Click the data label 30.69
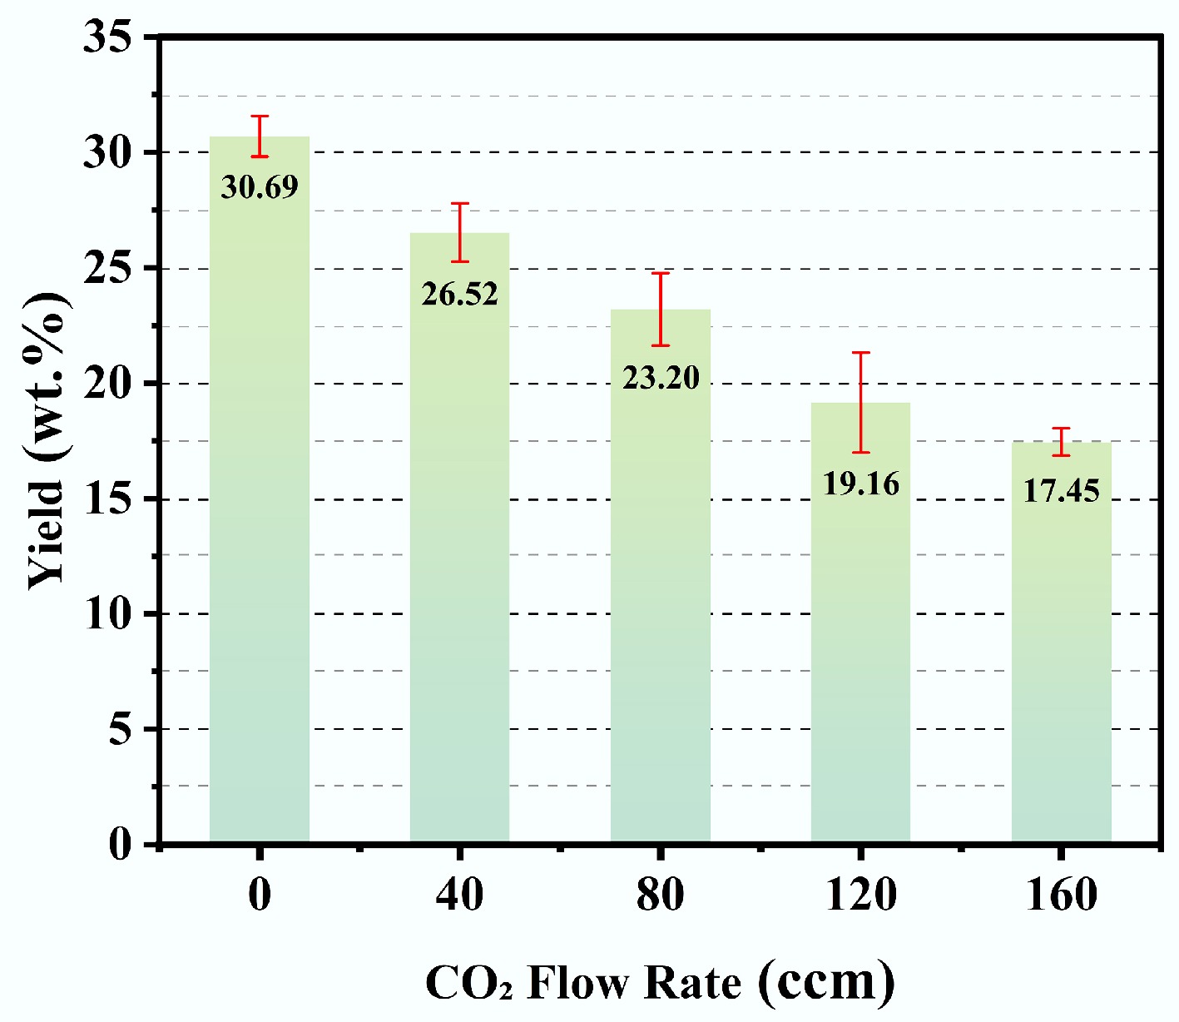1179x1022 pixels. click(x=260, y=187)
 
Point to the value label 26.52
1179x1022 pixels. click(x=459, y=294)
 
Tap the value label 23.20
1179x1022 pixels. click(x=661, y=378)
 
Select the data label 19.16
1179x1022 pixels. click(x=860, y=484)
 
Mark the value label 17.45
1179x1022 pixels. click(x=1061, y=491)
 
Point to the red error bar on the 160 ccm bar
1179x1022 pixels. click(x=1061, y=441)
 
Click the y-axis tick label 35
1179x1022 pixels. click(x=108, y=38)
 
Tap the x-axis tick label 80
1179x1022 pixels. click(x=661, y=895)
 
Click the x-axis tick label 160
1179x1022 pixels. click(x=1061, y=895)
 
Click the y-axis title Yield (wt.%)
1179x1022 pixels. click(x=47, y=441)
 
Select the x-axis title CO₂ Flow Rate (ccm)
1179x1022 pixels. click(x=661, y=982)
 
